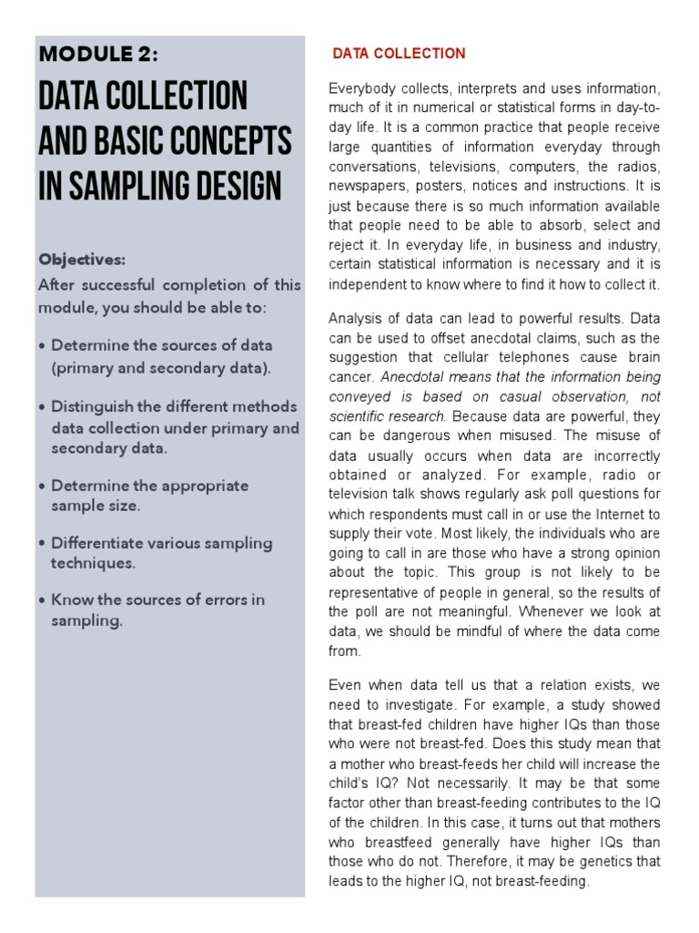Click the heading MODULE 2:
point(98,55)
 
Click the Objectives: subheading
point(82,259)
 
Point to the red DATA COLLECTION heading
point(399,54)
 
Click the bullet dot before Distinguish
point(44,406)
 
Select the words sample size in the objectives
point(96,506)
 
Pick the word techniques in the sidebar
point(93,563)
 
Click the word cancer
point(349,376)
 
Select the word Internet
point(614,514)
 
